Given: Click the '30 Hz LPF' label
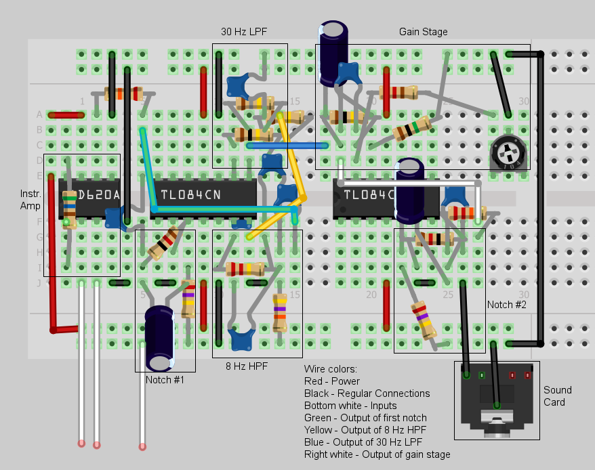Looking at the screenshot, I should click(244, 32).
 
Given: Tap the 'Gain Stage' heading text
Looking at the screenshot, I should click(423, 32).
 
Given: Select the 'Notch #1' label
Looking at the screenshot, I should click(165, 380).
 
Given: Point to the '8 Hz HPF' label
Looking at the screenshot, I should click(247, 366).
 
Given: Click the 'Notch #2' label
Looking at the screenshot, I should click(506, 305).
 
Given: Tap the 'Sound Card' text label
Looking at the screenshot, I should click(558, 396).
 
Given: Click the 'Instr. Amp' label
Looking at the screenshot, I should click(30, 200).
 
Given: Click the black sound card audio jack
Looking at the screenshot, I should click(497, 400).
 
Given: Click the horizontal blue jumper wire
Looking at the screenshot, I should click(289, 145).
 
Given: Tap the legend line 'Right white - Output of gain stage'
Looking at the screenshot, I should click(377, 454).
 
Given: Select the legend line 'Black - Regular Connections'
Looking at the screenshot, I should click(367, 393).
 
